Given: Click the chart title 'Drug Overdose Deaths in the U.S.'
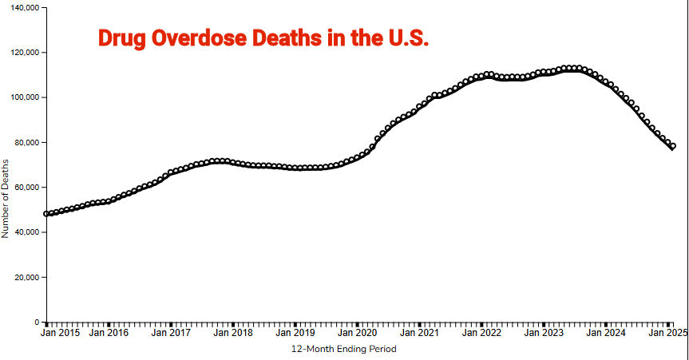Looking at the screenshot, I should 263,39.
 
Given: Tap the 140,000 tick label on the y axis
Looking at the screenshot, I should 22,7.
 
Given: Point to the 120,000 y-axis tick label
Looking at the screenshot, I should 22,53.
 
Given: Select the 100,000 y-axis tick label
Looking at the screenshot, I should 22,97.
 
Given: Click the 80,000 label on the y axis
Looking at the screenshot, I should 25,143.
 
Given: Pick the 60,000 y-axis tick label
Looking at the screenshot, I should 25,188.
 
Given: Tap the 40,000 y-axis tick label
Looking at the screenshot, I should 25,233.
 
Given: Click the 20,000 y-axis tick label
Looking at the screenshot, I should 25,278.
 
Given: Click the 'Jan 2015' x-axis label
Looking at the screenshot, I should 61,333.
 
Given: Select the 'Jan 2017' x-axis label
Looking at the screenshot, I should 170,333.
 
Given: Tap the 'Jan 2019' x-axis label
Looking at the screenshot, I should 295,333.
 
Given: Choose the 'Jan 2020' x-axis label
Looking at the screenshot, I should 357,333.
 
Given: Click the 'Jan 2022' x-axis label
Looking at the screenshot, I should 481,333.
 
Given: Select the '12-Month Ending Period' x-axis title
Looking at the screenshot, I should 343,349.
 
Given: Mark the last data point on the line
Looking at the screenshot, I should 673,146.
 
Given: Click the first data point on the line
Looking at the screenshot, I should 46,214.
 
